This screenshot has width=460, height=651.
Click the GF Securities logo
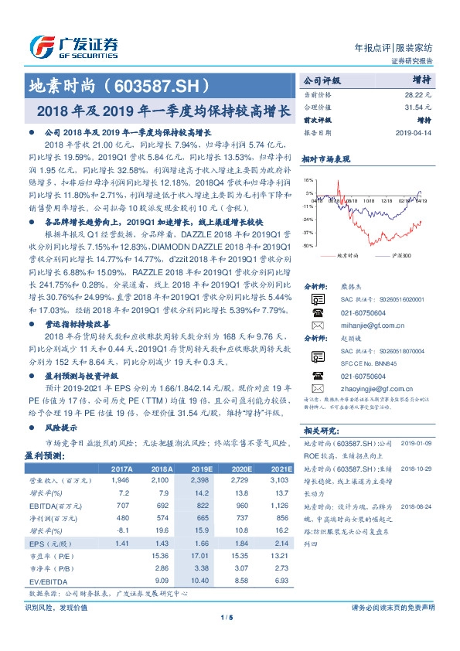coord(73,46)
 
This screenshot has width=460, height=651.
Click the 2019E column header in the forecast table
coord(203,469)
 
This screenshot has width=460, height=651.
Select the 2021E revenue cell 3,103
coord(281,480)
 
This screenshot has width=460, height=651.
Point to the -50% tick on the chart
coord(308,245)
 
